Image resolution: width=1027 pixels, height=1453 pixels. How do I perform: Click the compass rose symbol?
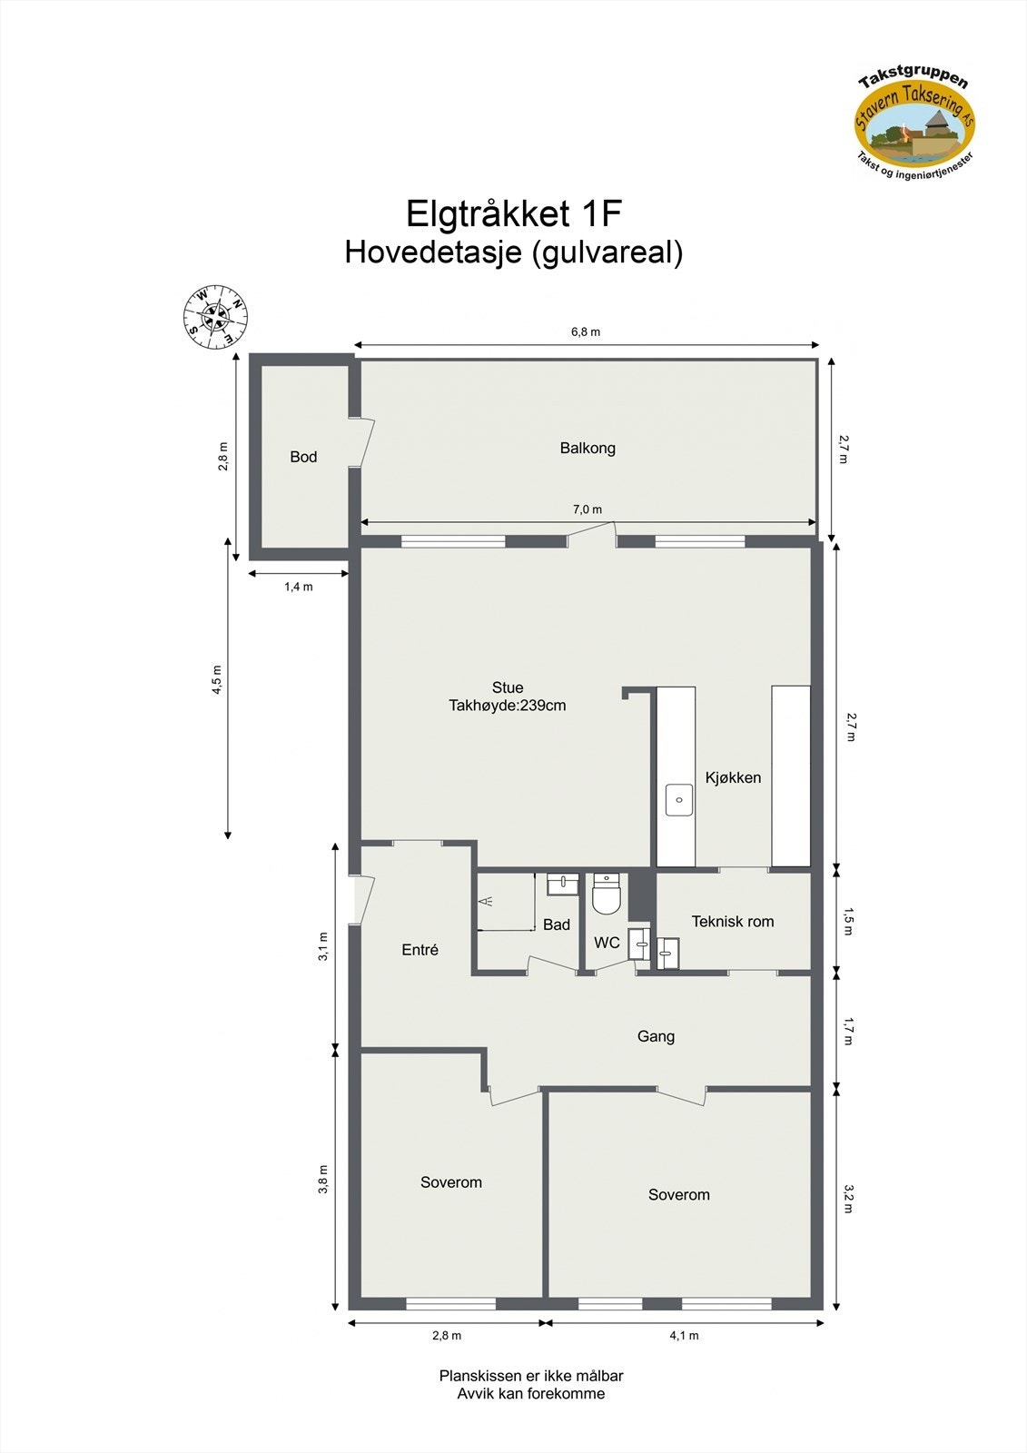click(x=215, y=317)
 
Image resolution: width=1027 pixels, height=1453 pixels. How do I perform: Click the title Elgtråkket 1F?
click(x=513, y=214)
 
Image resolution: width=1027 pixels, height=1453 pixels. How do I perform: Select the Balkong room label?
click(x=588, y=448)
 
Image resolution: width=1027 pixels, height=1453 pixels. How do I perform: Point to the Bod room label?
click(x=303, y=457)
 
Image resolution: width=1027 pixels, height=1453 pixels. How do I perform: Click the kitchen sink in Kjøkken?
click(x=679, y=800)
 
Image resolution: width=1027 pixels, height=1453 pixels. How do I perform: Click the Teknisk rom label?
click(x=733, y=922)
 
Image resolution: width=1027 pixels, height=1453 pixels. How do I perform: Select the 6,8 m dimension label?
click(x=586, y=332)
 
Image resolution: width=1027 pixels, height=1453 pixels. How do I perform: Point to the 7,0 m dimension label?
click(x=588, y=509)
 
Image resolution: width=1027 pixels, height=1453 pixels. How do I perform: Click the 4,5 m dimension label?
click(x=217, y=679)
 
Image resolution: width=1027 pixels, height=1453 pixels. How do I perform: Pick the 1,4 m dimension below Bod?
click(x=299, y=587)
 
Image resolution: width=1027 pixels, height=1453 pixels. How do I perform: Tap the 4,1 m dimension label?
click(x=684, y=1335)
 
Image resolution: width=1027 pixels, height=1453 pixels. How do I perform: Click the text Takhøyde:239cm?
click(x=507, y=706)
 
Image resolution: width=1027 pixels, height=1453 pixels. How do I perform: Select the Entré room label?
click(x=420, y=950)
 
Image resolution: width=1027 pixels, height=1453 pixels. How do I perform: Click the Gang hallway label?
click(x=656, y=1036)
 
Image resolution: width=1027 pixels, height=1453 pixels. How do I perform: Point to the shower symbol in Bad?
click(x=489, y=902)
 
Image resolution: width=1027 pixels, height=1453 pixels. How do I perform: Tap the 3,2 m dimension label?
click(x=849, y=1198)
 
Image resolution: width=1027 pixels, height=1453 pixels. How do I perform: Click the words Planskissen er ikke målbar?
click(x=531, y=1376)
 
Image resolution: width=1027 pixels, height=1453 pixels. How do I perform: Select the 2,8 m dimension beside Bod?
click(x=223, y=457)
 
